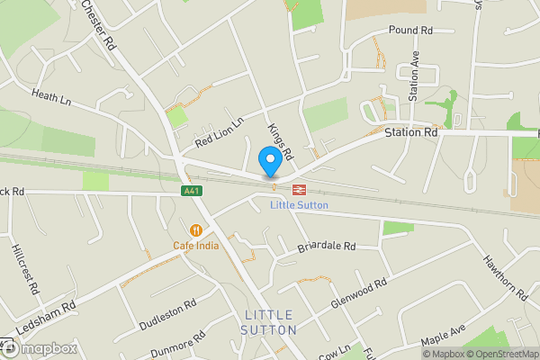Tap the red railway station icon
point(297,190)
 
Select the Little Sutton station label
point(299,205)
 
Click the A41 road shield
point(190,191)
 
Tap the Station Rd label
point(410,133)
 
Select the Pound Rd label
point(410,31)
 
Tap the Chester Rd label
point(100,24)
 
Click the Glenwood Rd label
point(358,293)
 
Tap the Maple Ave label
point(445,339)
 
